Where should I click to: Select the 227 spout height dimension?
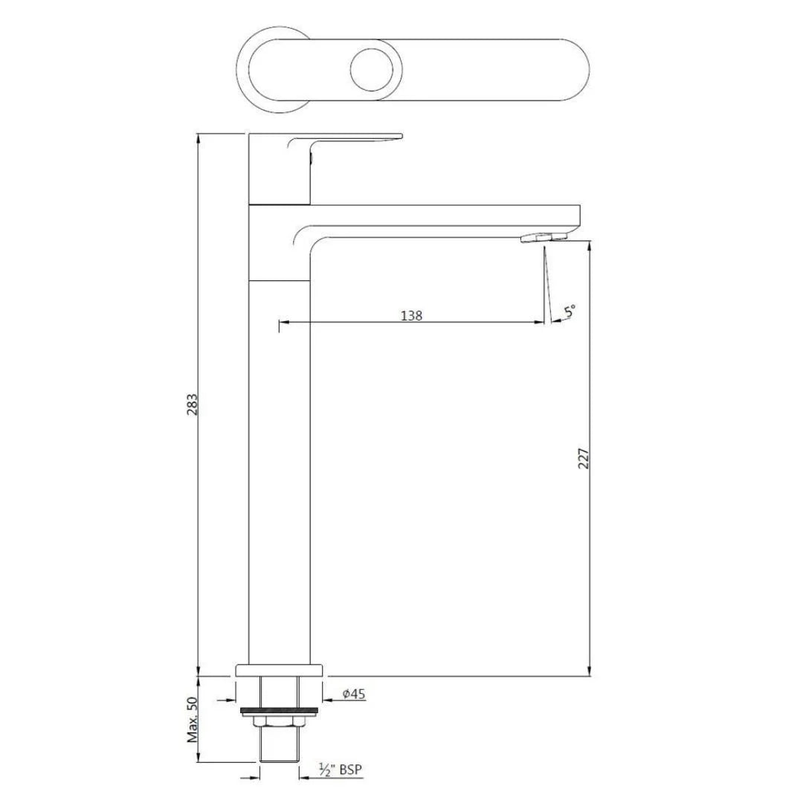[x=584, y=458]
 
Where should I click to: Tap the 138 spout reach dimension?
[x=411, y=315]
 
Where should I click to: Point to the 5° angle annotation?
[x=570, y=312]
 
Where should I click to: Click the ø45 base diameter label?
[x=353, y=694]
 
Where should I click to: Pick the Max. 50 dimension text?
[x=193, y=720]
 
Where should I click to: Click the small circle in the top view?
[x=369, y=69]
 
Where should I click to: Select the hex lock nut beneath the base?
[x=279, y=721]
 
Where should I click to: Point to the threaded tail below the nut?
[x=279, y=744]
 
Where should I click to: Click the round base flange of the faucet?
[x=280, y=669]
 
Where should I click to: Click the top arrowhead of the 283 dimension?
[x=199, y=138]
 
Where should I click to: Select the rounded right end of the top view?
[x=573, y=69]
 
